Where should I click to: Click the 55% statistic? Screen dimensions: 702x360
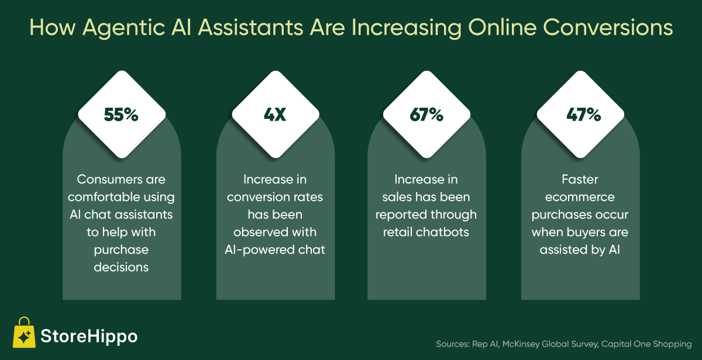pyautogui.click(x=121, y=115)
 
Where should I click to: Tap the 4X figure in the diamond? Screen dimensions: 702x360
pyautogui.click(x=275, y=115)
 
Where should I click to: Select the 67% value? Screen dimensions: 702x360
pyautogui.click(x=426, y=115)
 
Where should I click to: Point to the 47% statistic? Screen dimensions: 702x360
pyautogui.click(x=584, y=115)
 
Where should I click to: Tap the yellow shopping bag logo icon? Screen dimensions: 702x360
pyautogui.click(x=24, y=332)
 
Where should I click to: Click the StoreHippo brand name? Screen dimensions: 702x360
pyautogui.click(x=89, y=337)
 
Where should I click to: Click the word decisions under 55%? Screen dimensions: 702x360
pyautogui.click(x=121, y=267)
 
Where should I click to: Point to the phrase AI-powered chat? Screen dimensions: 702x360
pyautogui.click(x=275, y=250)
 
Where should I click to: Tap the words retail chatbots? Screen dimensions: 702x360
pyautogui.click(x=426, y=232)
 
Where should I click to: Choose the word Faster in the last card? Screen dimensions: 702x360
pyautogui.click(x=580, y=179)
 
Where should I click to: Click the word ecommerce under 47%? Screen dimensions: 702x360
pyautogui.click(x=580, y=197)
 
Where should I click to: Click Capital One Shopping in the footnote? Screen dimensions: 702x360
pyautogui.click(x=646, y=344)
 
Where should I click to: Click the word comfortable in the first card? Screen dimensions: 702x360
pyautogui.click(x=104, y=197)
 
